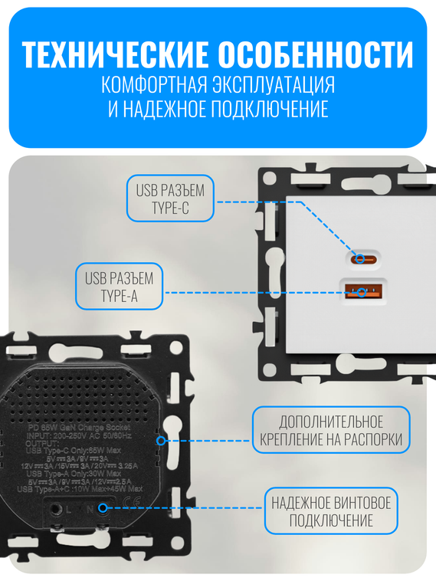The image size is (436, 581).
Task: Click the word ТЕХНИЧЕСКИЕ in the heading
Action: coord(114,55)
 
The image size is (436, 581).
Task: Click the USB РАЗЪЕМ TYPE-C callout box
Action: coord(170,199)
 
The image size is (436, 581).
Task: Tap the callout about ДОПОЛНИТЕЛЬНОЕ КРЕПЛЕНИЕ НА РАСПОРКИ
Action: coord(331,431)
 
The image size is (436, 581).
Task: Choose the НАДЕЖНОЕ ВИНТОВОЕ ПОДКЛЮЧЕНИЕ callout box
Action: coord(332,511)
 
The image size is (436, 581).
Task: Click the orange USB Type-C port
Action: coord(361,258)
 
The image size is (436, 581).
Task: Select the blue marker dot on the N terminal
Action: coord(103,507)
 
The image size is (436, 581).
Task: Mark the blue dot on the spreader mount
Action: coord(160,440)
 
